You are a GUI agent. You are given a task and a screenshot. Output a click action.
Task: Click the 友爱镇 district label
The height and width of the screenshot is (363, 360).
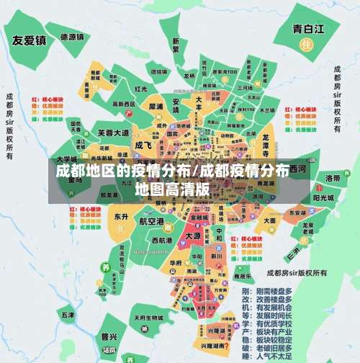(x=29, y=40)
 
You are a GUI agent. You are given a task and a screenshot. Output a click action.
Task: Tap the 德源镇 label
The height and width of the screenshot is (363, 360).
(x=73, y=37)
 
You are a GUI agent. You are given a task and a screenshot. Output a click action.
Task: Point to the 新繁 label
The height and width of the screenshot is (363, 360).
(x=176, y=45)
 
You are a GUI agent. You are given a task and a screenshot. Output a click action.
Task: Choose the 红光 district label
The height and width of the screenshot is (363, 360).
(x=142, y=89)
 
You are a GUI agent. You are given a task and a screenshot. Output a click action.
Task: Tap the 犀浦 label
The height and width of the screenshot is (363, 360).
(x=156, y=106)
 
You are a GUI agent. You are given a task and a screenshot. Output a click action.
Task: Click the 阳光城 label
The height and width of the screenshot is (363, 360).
(x=323, y=197)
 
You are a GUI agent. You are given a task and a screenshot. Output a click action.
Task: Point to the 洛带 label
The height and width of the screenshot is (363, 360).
(x=333, y=177)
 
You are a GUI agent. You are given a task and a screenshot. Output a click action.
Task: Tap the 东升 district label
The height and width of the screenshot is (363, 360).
(x=120, y=216)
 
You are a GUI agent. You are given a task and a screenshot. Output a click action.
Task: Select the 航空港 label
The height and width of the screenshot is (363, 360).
(x=152, y=220)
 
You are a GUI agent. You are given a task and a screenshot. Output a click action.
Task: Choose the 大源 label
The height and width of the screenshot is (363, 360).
(x=192, y=236)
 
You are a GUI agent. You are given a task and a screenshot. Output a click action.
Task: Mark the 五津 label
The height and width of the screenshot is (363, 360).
(x=68, y=315)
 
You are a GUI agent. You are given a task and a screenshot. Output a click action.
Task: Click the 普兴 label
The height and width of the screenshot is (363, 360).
(x=109, y=336)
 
